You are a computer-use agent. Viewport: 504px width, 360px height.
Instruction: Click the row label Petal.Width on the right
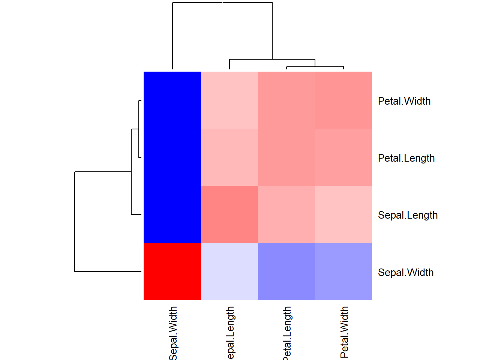pos(404,101)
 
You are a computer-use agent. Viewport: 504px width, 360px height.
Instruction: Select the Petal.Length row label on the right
pos(406,158)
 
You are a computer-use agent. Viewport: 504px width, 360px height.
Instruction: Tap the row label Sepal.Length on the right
pos(408,215)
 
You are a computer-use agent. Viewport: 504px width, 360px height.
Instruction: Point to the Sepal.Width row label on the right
pos(406,273)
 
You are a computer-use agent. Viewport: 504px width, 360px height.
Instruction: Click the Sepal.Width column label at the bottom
pos(173,333)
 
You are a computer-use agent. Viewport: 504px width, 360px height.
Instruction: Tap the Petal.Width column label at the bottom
pos(344,332)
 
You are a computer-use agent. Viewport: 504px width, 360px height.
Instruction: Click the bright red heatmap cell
pos(172,271)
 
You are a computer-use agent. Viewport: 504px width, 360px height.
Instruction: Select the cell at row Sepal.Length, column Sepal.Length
pos(229,214)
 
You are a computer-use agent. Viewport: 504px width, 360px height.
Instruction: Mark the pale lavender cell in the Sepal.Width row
pos(229,271)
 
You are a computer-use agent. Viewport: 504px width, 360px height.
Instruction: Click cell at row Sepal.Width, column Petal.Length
pos(286,271)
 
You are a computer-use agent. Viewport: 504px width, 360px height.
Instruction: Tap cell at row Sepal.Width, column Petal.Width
pos(343,271)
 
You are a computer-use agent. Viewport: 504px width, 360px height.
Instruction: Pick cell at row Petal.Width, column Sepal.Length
pos(229,100)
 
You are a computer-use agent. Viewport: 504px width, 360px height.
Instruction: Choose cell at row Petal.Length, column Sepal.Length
pos(229,157)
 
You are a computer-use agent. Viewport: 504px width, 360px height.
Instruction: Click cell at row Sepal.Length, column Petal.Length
pos(286,214)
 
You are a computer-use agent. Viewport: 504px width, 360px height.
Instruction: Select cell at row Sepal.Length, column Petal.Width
pos(343,214)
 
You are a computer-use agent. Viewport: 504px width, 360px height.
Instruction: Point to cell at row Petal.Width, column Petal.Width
pos(343,100)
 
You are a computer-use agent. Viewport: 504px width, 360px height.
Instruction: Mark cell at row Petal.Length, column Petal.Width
pos(343,157)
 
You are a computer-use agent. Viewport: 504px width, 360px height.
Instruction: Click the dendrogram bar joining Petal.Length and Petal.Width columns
pos(315,67)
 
